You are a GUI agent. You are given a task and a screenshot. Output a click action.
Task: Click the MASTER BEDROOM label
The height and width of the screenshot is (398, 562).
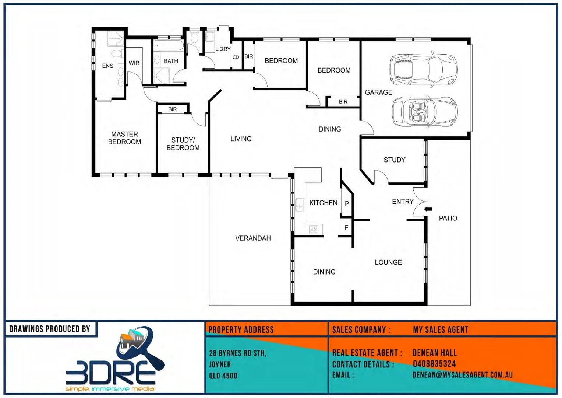pyautogui.click(x=124, y=138)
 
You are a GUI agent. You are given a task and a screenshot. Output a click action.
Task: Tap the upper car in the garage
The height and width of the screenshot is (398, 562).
pyautogui.click(x=423, y=69)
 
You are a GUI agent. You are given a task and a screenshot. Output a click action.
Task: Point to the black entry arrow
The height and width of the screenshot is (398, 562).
pyautogui.click(x=428, y=209)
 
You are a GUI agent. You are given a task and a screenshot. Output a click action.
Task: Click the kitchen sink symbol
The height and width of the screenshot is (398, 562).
pyautogui.click(x=300, y=205)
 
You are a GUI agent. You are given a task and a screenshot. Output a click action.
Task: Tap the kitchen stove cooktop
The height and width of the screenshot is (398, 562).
pyautogui.click(x=314, y=230)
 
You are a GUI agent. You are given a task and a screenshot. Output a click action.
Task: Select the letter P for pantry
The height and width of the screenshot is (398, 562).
pyautogui.click(x=347, y=204)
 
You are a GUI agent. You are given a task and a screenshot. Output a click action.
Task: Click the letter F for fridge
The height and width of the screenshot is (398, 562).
pyautogui.click(x=346, y=228)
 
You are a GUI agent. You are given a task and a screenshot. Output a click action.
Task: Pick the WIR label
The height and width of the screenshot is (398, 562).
pyautogui.click(x=134, y=63)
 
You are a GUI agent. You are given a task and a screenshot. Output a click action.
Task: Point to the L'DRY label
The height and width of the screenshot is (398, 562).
pyautogui.click(x=223, y=49)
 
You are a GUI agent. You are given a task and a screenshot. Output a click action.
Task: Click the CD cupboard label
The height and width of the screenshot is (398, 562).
pyautogui.click(x=236, y=57)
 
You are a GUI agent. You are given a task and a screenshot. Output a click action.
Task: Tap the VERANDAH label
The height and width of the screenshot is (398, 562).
pyautogui.click(x=253, y=238)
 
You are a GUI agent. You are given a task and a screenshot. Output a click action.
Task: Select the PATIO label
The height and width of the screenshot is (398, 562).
pyautogui.click(x=448, y=219)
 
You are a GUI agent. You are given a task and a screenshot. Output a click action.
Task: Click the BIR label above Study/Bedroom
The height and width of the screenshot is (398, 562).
pyautogui.click(x=172, y=109)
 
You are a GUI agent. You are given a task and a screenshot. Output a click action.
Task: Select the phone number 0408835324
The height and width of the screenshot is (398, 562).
pyautogui.click(x=434, y=364)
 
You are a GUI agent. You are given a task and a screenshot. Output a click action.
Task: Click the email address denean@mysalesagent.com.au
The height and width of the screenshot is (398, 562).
pyautogui.click(x=462, y=375)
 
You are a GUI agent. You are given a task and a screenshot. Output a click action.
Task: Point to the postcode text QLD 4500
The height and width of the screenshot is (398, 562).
pyautogui.click(x=223, y=376)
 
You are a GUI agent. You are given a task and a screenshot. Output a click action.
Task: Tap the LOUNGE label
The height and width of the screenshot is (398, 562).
pyautogui.click(x=388, y=262)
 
